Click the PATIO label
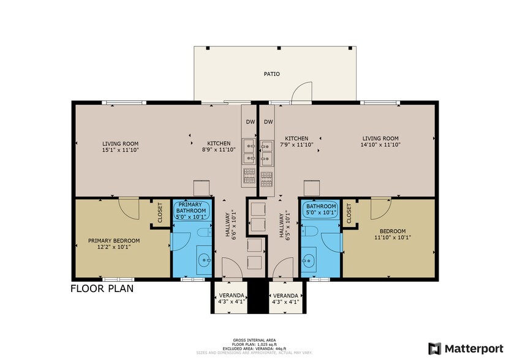coord(271,74)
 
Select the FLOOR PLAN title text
coord(102,288)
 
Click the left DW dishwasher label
coord(250,122)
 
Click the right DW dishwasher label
coord(268,122)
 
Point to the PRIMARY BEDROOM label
coord(113,243)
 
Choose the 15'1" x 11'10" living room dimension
coord(120,149)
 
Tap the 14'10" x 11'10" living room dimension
coord(380,145)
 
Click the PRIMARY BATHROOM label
coord(192,209)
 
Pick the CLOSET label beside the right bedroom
coord(349,212)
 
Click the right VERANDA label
coord(285,298)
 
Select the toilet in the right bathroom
coord(311,231)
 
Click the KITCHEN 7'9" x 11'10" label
coord(296,141)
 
